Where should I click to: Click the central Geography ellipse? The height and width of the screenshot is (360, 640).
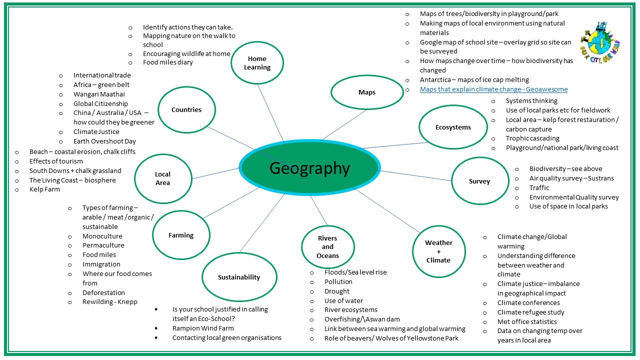[x=309, y=168]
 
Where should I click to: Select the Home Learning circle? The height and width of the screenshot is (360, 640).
[x=257, y=63]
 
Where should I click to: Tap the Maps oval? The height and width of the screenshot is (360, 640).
[x=366, y=92]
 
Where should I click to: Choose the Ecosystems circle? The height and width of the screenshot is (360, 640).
[x=452, y=127]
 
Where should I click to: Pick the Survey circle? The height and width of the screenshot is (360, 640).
[x=479, y=181]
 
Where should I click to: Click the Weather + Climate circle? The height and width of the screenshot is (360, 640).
[x=438, y=251]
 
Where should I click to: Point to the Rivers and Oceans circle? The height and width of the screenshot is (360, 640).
[x=327, y=246]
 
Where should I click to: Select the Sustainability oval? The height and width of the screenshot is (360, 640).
[x=238, y=277]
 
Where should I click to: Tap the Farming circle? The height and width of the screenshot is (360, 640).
[x=180, y=235]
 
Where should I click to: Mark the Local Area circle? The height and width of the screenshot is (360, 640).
[x=163, y=178]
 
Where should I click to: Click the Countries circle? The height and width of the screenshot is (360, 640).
[x=186, y=109]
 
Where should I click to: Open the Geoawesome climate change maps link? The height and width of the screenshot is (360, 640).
[x=493, y=89]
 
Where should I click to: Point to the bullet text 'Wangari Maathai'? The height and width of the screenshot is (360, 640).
[x=99, y=94]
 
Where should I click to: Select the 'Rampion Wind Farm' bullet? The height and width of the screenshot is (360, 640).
[x=203, y=328]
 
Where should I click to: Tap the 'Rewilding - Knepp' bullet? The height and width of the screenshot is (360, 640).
[x=109, y=302]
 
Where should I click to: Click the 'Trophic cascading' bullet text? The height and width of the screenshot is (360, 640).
[x=532, y=138]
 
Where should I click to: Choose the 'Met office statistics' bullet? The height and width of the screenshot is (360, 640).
[x=527, y=321]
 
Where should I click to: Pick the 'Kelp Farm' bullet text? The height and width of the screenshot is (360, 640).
[x=44, y=189]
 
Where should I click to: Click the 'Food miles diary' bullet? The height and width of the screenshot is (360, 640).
[x=167, y=62]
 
